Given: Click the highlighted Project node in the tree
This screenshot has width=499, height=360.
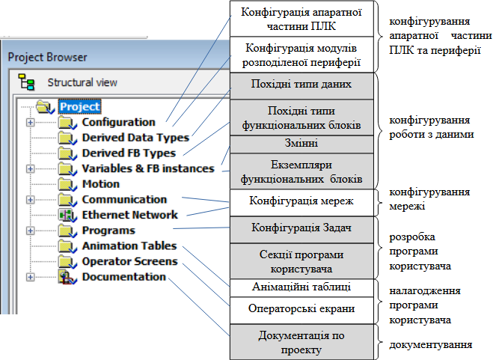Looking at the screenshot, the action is click(79, 106).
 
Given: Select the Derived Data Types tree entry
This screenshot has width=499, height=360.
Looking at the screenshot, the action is click(135, 138).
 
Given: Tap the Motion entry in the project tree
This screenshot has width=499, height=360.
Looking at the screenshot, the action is click(101, 184).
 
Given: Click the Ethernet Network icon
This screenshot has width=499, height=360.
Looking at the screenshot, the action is click(67, 215).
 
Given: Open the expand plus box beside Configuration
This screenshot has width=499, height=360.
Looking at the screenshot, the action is click(30, 122).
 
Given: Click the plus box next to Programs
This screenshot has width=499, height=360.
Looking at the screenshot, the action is click(30, 231).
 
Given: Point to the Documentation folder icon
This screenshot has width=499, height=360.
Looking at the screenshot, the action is click(67, 277).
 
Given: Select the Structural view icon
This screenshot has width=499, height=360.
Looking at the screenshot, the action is click(26, 82).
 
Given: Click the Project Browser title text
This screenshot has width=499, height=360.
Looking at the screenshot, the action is click(47, 58).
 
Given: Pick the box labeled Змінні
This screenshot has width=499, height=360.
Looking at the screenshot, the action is click(301, 144).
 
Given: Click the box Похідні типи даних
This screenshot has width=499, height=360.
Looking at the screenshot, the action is click(301, 86).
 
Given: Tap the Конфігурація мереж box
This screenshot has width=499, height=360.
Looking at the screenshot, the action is click(301, 203).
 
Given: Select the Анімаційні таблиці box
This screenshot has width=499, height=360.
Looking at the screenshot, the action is click(301, 288).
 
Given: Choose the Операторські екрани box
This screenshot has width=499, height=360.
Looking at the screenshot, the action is click(301, 311).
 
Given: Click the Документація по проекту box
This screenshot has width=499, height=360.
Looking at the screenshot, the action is click(301, 342).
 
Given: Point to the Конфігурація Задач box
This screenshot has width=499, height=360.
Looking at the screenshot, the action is click(301, 230).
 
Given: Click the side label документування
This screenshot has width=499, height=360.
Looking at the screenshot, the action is click(431, 345).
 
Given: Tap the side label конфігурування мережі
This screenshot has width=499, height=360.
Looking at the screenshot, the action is click(429, 199).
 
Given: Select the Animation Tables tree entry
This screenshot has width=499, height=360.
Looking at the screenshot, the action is click(129, 246).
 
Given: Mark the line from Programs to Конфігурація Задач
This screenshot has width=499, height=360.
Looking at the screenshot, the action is click(201, 228).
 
